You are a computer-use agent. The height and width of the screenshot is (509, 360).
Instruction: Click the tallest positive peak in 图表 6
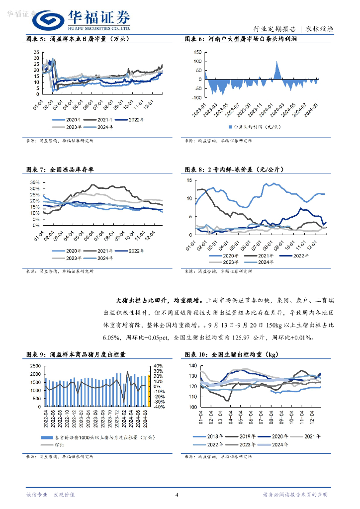(277, 62)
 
